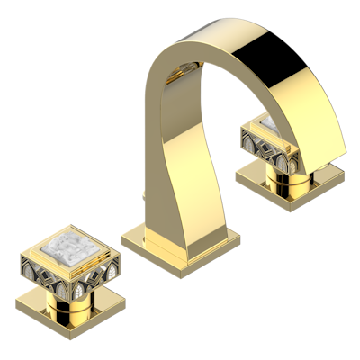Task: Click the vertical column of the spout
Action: coord(166,171)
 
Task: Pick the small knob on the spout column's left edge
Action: coord(144,192)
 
